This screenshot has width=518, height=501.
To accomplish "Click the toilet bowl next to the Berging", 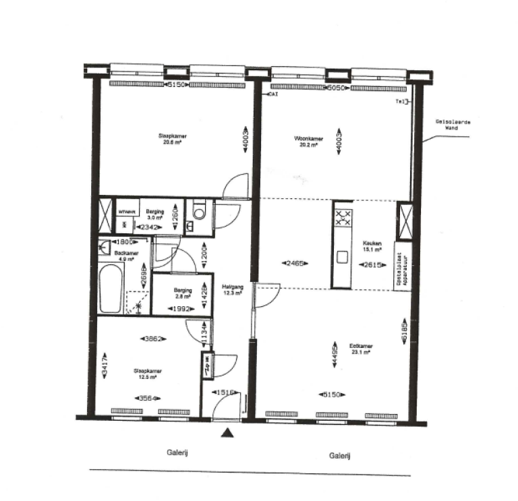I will click(x=198, y=212).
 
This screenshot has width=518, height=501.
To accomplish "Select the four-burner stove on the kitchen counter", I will click(x=343, y=218).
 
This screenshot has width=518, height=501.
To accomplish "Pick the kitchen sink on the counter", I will click(x=343, y=256).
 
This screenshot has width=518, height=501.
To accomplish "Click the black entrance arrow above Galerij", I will click(x=230, y=434).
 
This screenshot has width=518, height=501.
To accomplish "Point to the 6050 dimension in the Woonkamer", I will click(x=336, y=88).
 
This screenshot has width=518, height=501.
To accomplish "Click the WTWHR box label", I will click(x=126, y=212).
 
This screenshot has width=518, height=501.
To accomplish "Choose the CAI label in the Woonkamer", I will click(x=274, y=94).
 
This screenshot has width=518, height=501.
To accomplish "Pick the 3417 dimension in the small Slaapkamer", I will click(x=105, y=367).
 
